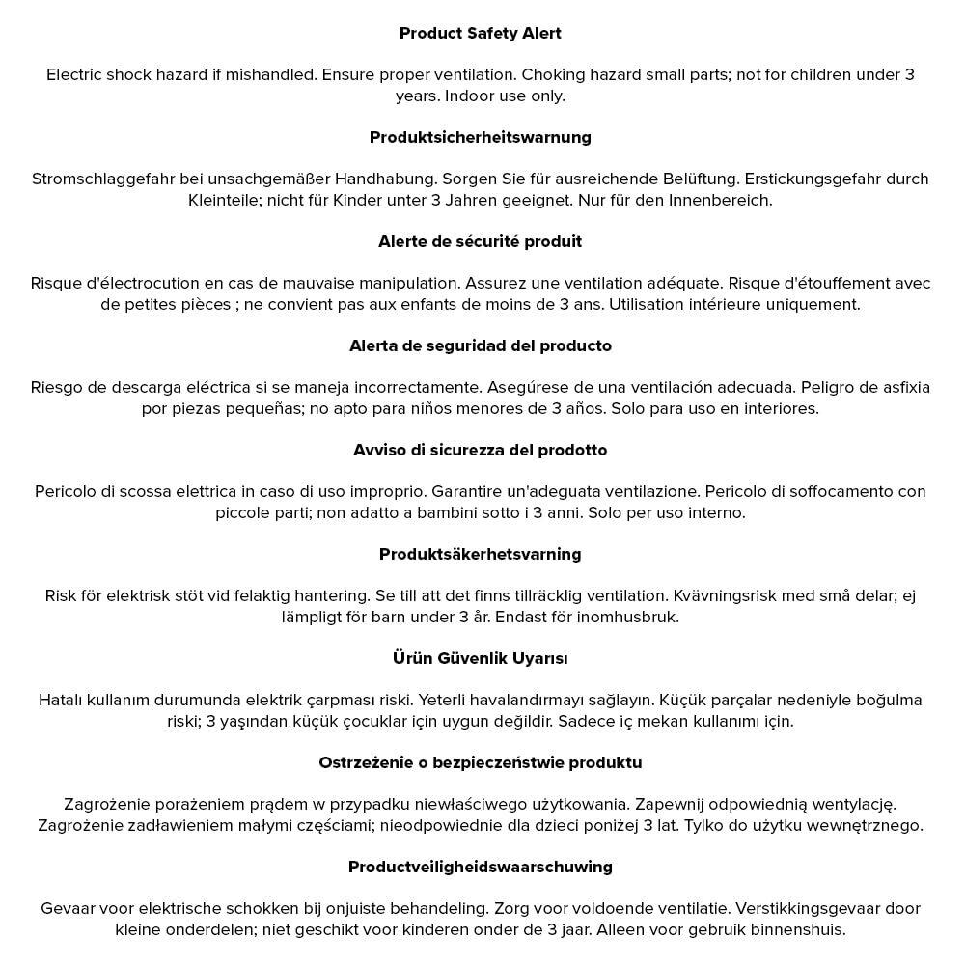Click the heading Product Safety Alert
click(x=480, y=33)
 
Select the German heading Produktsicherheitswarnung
click(x=480, y=137)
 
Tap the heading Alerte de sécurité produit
click(x=480, y=241)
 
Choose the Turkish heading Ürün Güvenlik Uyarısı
click(x=480, y=658)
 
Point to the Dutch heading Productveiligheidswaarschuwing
click(x=480, y=867)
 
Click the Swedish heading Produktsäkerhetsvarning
click(x=480, y=554)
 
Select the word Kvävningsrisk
click(x=724, y=595)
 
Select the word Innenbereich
click(x=720, y=200)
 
